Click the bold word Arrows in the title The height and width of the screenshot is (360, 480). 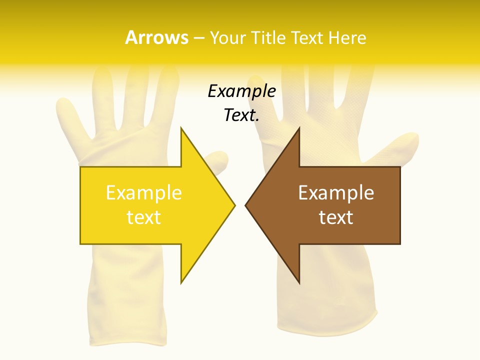click(x=156, y=37)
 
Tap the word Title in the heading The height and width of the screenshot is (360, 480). click(x=269, y=37)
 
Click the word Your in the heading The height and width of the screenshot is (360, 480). click(x=228, y=37)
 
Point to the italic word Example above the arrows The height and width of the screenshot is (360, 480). click(x=241, y=91)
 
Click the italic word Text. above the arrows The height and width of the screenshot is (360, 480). click(x=241, y=115)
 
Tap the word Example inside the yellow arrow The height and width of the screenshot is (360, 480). click(x=143, y=192)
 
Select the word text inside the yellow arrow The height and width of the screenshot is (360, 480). click(x=143, y=217)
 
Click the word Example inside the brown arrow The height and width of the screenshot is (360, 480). click(x=336, y=192)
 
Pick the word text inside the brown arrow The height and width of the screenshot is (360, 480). click(x=336, y=217)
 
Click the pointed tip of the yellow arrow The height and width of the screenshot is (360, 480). click(x=234, y=205)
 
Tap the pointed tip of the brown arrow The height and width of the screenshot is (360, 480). click(x=246, y=205)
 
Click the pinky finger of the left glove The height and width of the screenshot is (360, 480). click(x=70, y=115)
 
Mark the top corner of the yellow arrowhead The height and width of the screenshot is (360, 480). click(x=181, y=128)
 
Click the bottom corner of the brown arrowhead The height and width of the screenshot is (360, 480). click(x=299, y=283)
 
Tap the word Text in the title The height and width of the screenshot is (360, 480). click(x=307, y=37)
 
